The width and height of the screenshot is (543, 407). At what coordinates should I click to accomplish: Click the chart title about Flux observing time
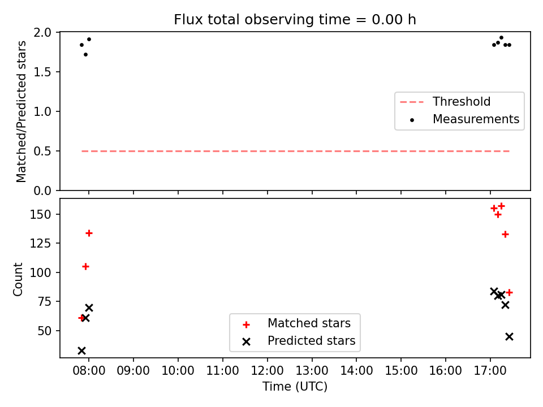(x=295, y=19)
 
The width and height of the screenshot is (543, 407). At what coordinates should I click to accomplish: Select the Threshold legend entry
(x=445, y=102)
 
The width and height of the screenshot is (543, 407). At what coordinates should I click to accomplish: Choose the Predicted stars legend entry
(x=299, y=341)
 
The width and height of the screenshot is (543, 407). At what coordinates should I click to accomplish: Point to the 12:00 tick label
(x=268, y=371)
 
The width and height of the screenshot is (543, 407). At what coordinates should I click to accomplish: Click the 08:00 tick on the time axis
(x=89, y=371)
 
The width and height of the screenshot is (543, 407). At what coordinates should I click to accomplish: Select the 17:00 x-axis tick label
(x=490, y=371)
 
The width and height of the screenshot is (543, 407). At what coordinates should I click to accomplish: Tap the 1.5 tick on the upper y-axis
(x=42, y=72)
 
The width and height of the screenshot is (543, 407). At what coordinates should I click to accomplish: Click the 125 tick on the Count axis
(x=41, y=243)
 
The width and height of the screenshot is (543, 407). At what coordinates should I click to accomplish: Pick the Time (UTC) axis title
(x=295, y=387)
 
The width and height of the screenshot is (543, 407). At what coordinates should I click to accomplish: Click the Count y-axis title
(x=18, y=279)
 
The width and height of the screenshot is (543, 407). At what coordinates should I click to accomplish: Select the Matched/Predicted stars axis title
(x=21, y=111)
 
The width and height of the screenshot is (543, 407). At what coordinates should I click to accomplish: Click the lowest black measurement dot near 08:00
(x=85, y=55)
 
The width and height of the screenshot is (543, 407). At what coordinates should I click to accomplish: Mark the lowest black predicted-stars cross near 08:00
(x=81, y=350)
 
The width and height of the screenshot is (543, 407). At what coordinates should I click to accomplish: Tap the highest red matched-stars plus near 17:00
(x=501, y=206)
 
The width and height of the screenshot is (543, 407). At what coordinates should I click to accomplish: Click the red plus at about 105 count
(x=85, y=266)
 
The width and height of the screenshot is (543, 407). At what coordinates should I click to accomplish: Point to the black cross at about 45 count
(x=509, y=336)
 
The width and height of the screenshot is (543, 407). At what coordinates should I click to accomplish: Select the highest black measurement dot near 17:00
(x=501, y=38)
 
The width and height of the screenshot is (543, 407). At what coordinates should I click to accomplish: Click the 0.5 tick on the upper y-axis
(x=42, y=151)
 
